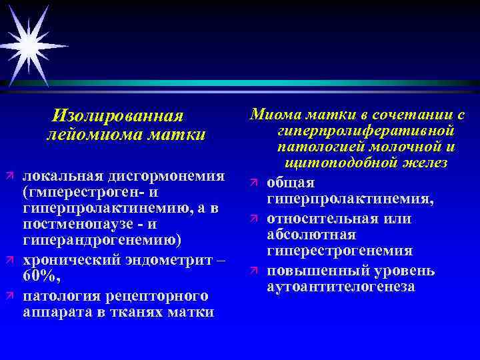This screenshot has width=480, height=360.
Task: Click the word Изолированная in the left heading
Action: coord(117,116)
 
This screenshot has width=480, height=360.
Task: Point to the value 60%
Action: coord(41,277)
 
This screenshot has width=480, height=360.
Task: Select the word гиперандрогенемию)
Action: coord(100,240)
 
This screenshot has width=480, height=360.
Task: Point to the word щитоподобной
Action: coord(334,162)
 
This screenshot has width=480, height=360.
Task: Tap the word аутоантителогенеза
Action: coord(340,287)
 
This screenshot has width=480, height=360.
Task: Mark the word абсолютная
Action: coord(311,235)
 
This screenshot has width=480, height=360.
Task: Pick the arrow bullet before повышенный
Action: coord(255,271)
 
